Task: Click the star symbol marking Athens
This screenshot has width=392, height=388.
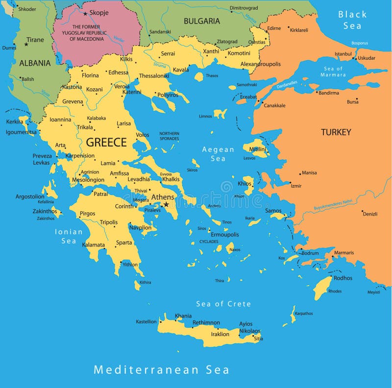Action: click(166, 204)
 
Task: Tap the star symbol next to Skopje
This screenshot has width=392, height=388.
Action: click(85, 14)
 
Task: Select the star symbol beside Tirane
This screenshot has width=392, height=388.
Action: click(26, 44)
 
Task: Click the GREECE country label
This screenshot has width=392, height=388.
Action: click(106, 142)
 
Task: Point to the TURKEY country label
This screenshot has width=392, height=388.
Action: click(336, 132)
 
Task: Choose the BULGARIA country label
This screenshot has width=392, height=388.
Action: click(201, 21)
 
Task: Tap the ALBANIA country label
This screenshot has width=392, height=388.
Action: click(35, 63)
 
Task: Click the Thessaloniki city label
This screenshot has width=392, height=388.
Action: click(154, 76)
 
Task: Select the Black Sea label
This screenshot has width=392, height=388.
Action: click(352, 20)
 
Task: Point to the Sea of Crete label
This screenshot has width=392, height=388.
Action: click(223, 304)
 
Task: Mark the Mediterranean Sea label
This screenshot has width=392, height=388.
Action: click(161, 369)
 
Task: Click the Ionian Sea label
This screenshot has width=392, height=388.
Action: click(69, 236)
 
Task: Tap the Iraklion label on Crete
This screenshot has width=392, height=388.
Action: click(220, 334)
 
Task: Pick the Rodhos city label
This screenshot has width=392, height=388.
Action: click(343, 278)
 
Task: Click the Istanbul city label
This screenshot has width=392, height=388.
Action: click(343, 53)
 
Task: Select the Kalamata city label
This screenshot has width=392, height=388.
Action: click(94, 244)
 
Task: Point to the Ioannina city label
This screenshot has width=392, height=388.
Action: click(60, 120)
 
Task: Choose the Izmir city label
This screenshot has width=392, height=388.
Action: click(296, 186)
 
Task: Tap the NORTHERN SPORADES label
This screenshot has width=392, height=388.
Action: click(169, 136)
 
